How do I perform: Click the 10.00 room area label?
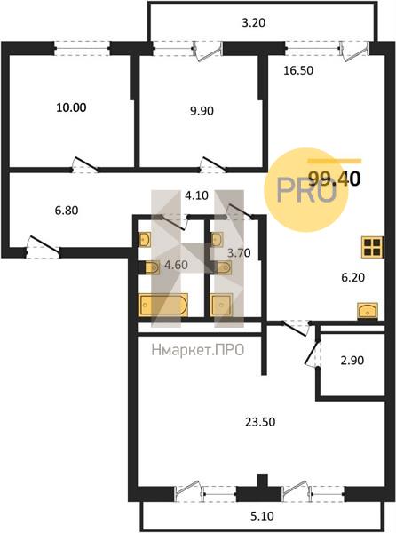71,107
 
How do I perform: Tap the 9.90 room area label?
202,111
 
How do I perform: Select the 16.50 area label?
298,70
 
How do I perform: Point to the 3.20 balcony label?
253,23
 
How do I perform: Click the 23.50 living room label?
260,422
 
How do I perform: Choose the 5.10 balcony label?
262,516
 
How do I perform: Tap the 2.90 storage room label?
352,361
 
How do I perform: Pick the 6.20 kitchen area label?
352,277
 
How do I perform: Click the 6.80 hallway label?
67,211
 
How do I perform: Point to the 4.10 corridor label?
196,195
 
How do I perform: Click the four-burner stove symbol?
372,247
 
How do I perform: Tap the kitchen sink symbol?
368,311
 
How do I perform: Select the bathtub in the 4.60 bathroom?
163,305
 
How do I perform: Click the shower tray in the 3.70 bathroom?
221,305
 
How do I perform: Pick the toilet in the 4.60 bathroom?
152,267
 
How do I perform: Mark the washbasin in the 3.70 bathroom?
217,239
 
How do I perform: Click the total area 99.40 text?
334,179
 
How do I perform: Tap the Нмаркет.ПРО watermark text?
198,350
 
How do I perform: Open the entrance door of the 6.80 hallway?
44,246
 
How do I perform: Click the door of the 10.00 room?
85,164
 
